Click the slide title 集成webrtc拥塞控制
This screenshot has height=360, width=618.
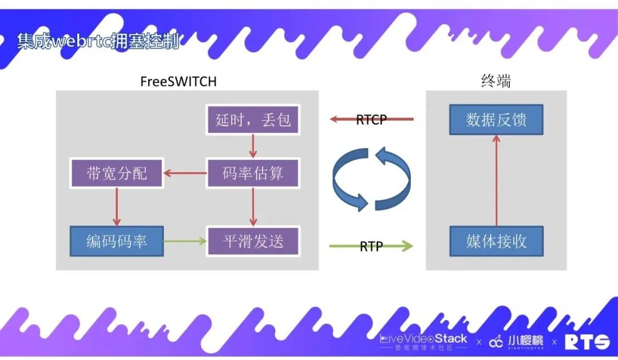tap(98, 42)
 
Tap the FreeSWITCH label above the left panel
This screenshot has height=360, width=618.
tap(178, 81)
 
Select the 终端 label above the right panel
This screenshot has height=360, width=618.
tap(496, 81)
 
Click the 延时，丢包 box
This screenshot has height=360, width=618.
tap(253, 120)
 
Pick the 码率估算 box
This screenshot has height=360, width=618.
tap(253, 173)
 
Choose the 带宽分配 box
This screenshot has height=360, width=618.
tap(117, 173)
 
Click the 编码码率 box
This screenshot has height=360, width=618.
tap(117, 241)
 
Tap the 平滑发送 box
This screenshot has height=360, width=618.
tap(253, 241)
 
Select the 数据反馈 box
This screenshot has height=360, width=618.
tap(496, 120)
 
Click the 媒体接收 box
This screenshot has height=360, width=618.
tap(496, 241)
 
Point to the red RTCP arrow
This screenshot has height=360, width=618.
tap(371, 120)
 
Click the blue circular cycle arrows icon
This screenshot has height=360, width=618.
tap(371, 179)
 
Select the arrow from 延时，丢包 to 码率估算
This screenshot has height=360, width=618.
tap(253, 147)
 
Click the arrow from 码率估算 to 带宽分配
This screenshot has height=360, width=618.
tap(185, 173)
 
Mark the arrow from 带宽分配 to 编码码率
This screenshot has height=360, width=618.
tap(117, 207)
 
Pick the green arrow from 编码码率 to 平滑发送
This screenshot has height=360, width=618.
tap(185, 241)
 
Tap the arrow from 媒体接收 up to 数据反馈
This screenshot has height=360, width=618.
tap(496, 180)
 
